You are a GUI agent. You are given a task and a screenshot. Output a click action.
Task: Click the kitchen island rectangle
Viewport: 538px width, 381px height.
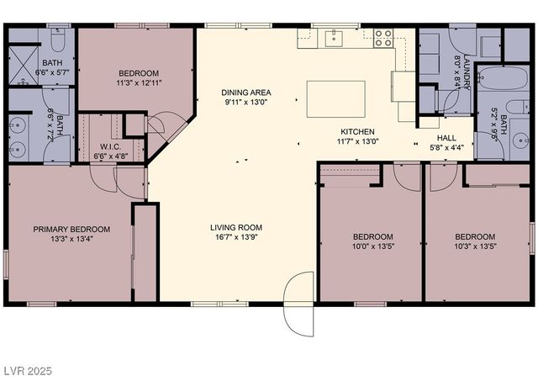coord(336,98)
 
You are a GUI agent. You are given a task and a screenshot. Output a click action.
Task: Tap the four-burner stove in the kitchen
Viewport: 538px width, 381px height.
coord(382,37)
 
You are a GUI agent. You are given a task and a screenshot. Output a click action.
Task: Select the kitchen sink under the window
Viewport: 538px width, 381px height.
coord(335,36)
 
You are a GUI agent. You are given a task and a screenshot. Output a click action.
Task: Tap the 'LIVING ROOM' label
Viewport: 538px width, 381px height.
coord(236,227)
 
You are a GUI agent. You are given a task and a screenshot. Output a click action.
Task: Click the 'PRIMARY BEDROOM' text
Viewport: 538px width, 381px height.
coord(71,229)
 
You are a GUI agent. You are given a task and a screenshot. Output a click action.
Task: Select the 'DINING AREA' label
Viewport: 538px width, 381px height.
coord(246,93)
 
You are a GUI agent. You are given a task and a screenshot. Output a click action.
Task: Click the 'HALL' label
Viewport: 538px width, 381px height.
coord(446,138)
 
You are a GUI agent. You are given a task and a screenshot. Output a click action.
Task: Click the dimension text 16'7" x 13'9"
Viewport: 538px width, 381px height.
coord(236,238)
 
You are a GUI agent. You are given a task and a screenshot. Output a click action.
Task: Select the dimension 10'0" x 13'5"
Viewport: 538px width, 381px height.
coord(372,247)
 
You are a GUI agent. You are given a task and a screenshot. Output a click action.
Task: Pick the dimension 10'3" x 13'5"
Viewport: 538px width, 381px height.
coord(475,247)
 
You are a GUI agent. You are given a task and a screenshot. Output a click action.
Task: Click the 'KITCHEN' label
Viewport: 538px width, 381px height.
coord(357,132)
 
